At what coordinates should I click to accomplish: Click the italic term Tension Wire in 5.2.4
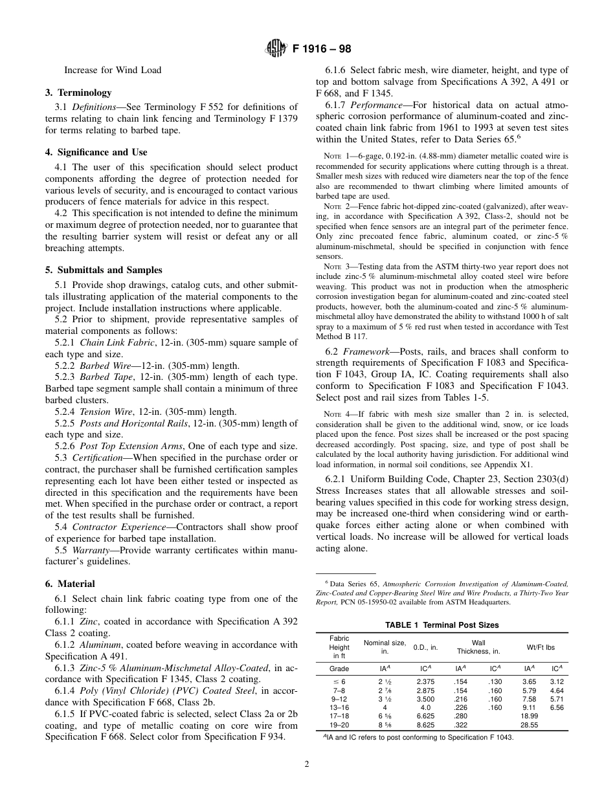pyautogui.click(x=105, y=411)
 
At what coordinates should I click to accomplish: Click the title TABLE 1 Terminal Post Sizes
pyautogui.click(x=442, y=625)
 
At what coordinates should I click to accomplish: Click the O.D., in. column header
pyautogui.click(x=425, y=647)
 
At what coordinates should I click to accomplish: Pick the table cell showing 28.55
pyautogui.click(x=530, y=725)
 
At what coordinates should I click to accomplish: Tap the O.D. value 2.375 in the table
pyautogui.click(x=425, y=681)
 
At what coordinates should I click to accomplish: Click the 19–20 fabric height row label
pyautogui.click(x=339, y=725)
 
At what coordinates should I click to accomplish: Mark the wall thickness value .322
pyautogui.click(x=460, y=725)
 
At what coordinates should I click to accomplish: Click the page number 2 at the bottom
pyautogui.click(x=307, y=764)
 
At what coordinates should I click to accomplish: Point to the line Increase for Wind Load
pyautogui.click(x=113, y=69)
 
